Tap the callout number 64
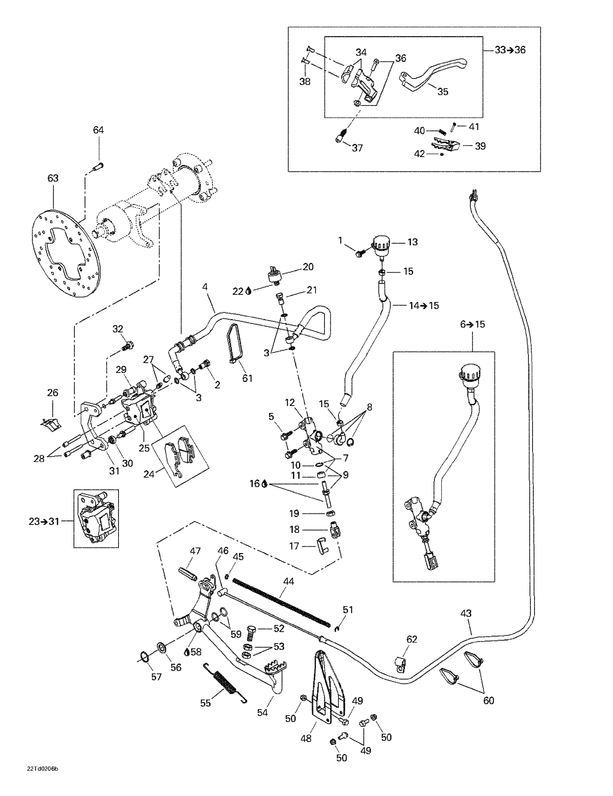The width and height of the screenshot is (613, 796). tap(98, 130)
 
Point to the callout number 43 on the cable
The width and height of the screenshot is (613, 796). tap(466, 613)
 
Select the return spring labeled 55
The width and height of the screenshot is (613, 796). tap(225, 683)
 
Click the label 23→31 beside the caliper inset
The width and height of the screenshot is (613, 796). tap(44, 521)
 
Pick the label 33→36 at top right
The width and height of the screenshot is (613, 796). tap(510, 50)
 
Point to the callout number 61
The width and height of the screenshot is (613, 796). tap(247, 378)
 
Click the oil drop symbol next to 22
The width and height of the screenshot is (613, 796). tap(248, 291)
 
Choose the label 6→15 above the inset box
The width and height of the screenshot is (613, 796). tap(472, 324)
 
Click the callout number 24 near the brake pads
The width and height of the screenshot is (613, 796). tap(149, 474)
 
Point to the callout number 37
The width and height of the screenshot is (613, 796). tap(357, 148)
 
